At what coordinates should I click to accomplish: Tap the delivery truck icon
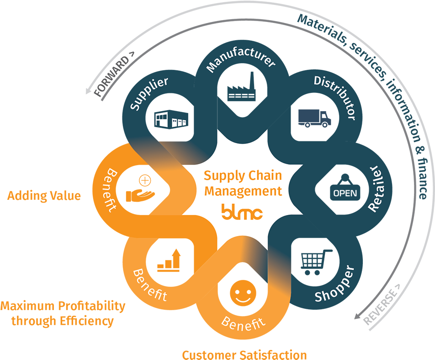[314, 118]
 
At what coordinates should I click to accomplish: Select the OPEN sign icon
[345, 192]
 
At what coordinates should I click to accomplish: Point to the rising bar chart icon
[169, 261]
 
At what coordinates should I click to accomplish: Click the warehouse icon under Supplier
[169, 119]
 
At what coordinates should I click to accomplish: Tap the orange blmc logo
[242, 211]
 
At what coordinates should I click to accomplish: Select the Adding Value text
[44, 196]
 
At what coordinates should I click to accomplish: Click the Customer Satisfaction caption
[244, 355]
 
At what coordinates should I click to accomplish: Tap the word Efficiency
[86, 321]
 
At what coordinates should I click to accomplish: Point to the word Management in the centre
[243, 191]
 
